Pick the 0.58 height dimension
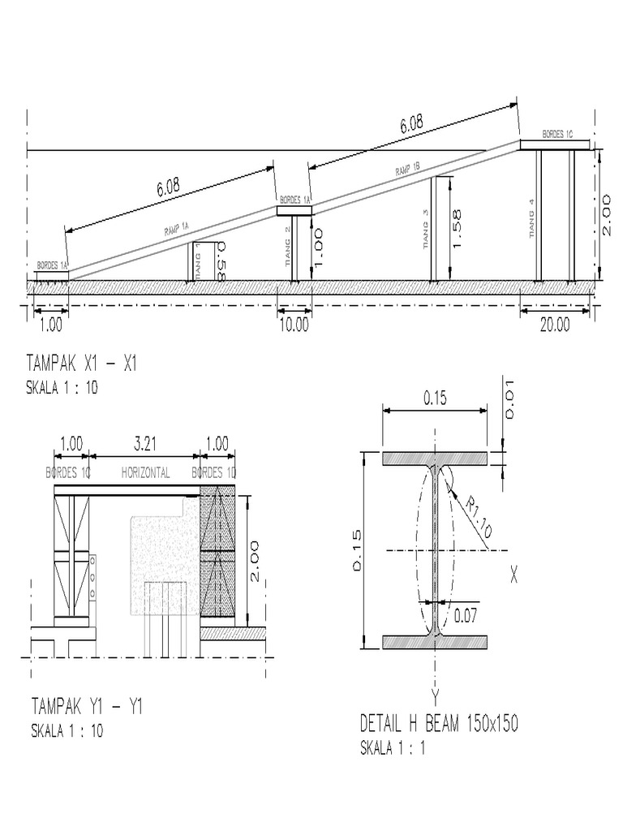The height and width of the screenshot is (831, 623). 219,261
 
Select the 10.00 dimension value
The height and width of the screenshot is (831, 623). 294,325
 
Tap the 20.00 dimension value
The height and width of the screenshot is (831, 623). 555,325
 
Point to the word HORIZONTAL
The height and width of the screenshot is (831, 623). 145,473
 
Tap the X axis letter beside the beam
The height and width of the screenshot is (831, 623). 514,575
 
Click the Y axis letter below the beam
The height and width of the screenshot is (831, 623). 435,696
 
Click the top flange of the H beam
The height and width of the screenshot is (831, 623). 435,459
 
